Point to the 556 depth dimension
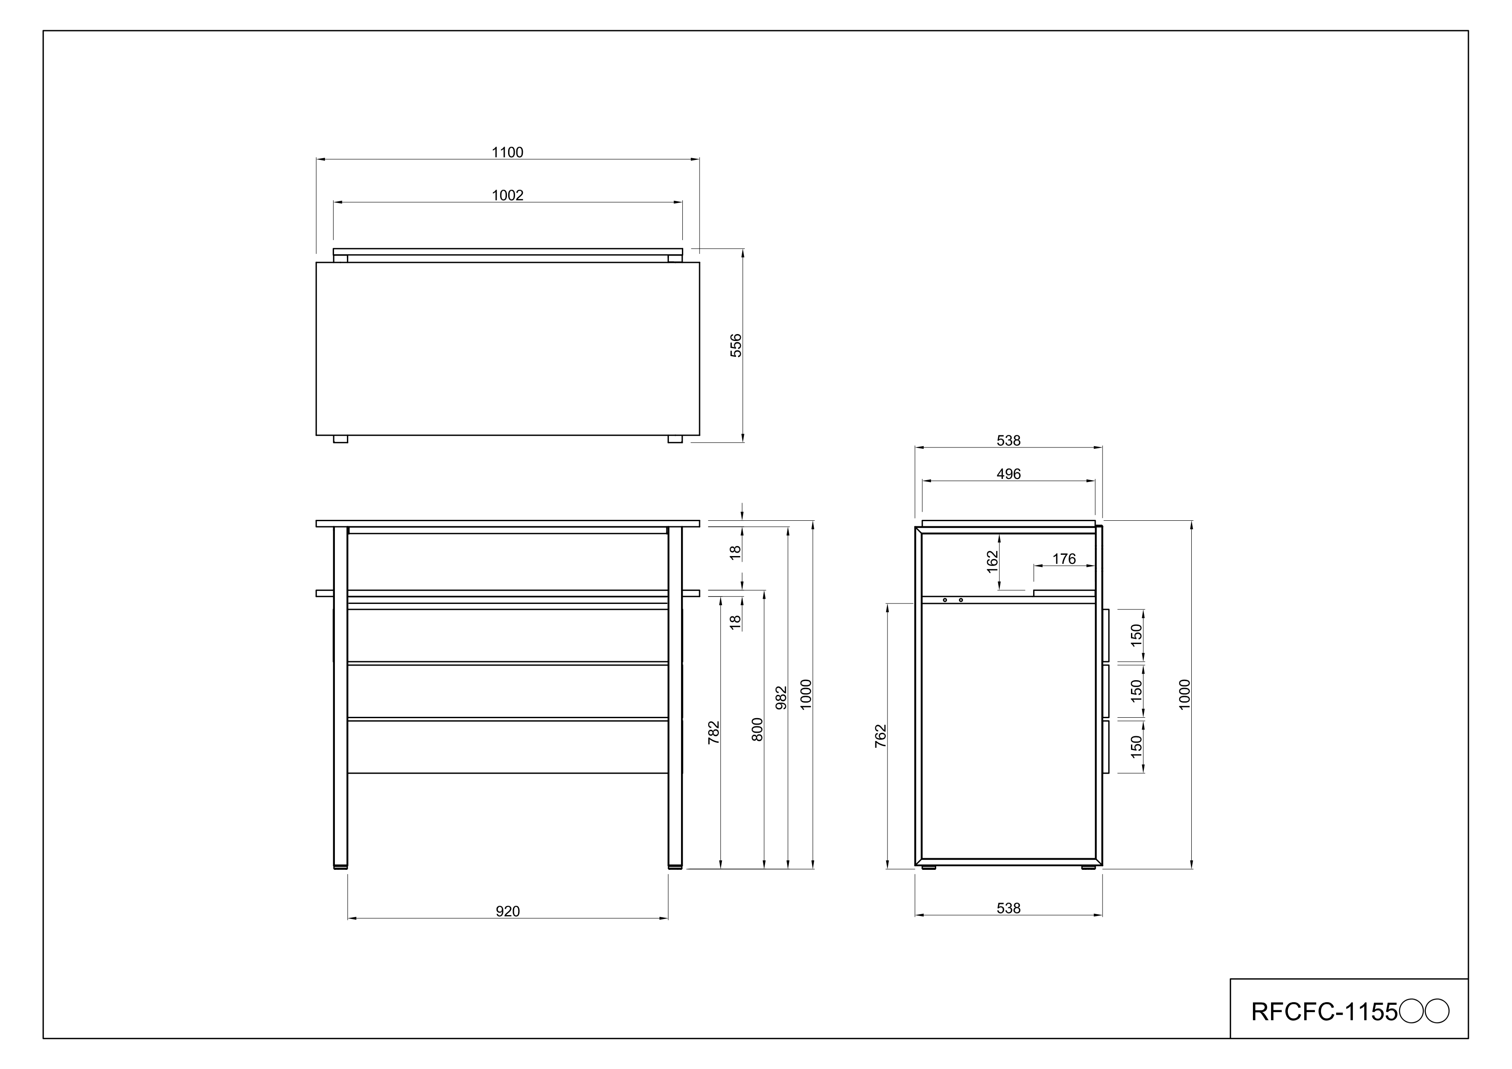736,345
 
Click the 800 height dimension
757,729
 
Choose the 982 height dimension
781,697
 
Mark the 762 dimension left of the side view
881,736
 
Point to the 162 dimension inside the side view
993,562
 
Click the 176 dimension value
1064,559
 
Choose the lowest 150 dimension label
1136,747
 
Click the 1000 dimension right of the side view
1185,694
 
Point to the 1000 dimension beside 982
806,694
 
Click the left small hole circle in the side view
944,600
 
